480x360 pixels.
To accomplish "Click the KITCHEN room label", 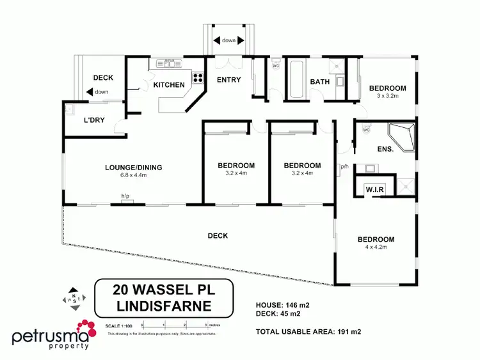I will [169, 84].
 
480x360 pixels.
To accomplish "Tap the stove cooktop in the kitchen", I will [197, 79].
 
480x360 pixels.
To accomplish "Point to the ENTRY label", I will [228, 79].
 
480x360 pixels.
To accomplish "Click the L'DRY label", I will [94, 120].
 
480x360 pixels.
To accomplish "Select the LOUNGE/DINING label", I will [134, 168].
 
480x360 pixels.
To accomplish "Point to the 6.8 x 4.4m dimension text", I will [134, 175].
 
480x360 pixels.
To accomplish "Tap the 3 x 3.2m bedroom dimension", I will [387, 96].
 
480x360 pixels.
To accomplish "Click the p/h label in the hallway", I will [344, 166].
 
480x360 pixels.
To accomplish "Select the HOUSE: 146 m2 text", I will [283, 304].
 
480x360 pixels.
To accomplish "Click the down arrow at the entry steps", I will [228, 40].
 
